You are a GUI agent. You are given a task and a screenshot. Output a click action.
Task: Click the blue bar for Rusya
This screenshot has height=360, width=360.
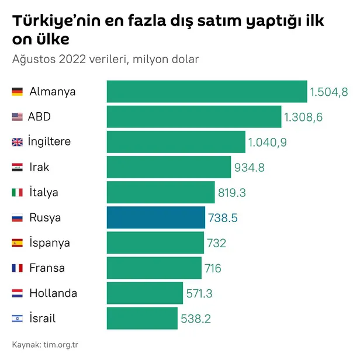155,217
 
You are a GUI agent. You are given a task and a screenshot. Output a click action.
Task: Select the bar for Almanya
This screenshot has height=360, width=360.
206,92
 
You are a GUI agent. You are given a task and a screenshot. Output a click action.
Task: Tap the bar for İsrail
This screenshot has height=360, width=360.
142,319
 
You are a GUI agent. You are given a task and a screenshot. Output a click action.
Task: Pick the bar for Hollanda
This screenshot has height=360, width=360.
144,293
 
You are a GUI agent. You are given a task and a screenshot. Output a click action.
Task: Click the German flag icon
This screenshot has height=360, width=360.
18,92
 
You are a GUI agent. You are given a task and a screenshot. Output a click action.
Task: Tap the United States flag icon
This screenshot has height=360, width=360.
18,117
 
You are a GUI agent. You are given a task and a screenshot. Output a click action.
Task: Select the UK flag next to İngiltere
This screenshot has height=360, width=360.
18,142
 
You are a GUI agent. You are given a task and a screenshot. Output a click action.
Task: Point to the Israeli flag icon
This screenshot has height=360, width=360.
18,319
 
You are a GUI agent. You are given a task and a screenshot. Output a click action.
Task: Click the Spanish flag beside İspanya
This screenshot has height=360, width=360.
18,243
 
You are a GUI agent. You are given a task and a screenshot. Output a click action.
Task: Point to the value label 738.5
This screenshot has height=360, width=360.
223,218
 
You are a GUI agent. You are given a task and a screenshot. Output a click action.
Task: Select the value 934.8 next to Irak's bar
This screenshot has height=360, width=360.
249,168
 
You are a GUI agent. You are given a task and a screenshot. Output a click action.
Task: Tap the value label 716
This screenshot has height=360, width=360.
213,268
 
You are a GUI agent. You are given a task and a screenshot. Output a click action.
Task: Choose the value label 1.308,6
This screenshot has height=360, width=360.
303,117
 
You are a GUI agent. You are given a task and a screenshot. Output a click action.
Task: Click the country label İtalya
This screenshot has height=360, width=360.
44,192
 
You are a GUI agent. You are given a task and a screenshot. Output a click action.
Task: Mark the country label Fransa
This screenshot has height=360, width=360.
47,268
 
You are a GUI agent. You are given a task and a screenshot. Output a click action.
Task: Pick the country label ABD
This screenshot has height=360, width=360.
40,117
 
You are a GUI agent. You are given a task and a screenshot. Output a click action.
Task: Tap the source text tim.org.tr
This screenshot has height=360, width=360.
61,344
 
